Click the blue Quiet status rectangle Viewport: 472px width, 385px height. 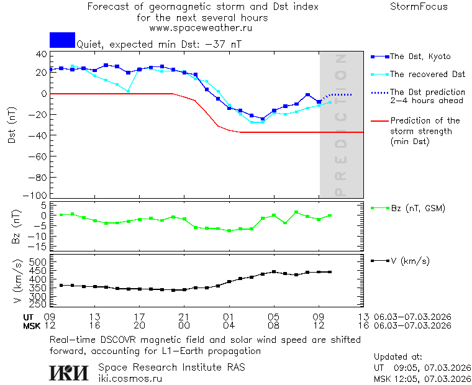point(62,40)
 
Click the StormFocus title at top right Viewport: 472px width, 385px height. point(419,7)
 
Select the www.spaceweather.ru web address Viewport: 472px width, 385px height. point(201,28)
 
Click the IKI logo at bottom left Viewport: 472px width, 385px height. point(68,373)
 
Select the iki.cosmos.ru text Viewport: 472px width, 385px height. point(130,379)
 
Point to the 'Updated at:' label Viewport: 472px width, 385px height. point(398,357)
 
